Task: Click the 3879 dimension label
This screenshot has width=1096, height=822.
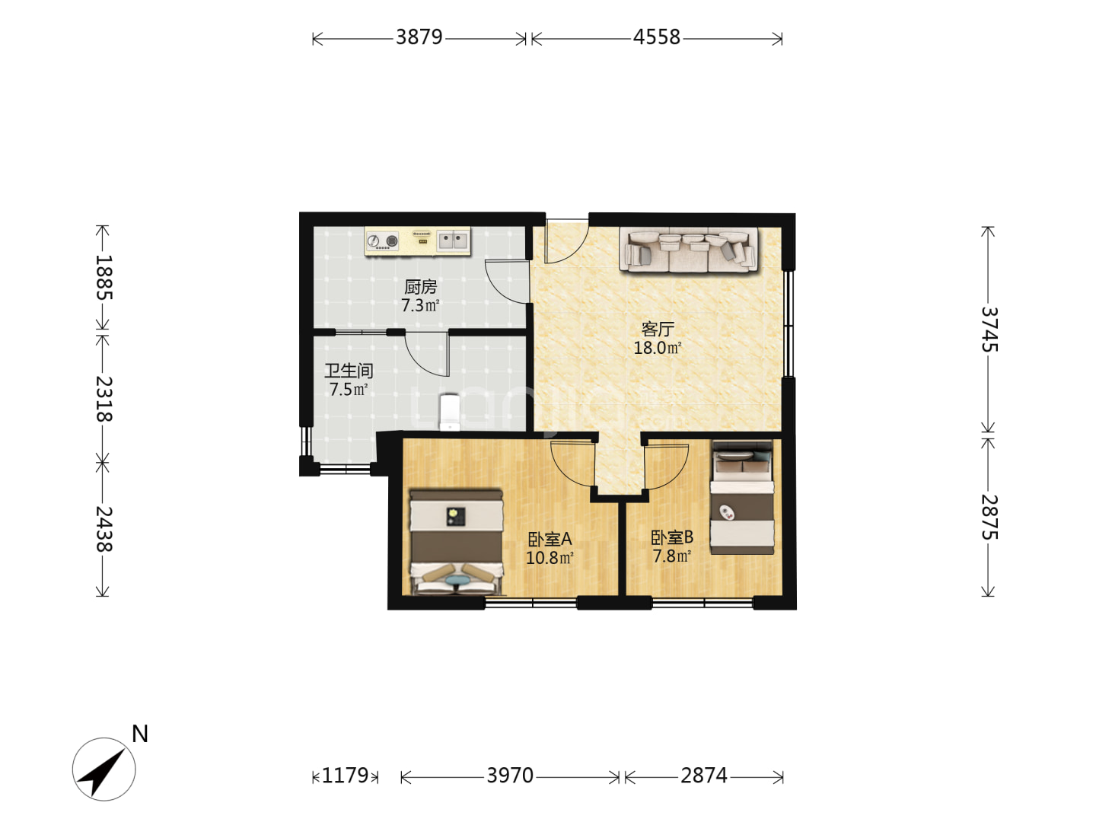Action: [419, 37]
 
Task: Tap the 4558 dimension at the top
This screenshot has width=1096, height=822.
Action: [656, 37]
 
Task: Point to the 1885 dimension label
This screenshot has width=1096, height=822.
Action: [104, 277]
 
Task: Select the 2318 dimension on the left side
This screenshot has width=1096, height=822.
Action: [104, 399]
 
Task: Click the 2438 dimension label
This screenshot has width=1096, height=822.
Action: [104, 529]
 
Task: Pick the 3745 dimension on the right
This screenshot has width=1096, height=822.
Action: [989, 330]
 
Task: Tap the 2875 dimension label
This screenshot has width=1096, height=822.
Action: [989, 517]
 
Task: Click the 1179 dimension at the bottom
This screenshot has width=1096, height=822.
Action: [345, 776]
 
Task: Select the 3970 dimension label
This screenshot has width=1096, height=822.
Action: [510, 776]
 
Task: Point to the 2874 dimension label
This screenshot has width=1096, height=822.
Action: [703, 776]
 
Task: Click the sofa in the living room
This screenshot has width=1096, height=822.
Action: [689, 250]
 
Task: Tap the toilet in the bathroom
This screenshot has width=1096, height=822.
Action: [449, 413]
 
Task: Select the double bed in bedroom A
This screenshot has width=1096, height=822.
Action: [456, 542]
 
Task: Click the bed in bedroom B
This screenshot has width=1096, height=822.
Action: [742, 498]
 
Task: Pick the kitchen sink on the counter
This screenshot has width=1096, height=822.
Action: [453, 241]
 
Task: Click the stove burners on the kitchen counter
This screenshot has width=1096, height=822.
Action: [383, 241]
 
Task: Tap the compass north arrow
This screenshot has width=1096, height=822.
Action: [104, 769]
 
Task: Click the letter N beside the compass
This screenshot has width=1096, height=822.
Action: [140, 734]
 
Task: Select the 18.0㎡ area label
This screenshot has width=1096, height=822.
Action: [657, 348]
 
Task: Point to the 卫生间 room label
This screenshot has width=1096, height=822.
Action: [349, 371]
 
